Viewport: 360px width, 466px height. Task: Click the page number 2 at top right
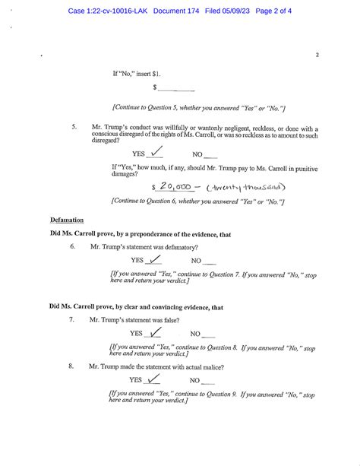317,55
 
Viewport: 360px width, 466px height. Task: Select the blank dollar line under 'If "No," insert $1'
176,90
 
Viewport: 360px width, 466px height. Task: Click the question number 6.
72,247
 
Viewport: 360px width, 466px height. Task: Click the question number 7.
71,320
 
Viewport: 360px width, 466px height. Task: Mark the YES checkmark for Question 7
154,332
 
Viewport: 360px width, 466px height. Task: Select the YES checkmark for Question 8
154,379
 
